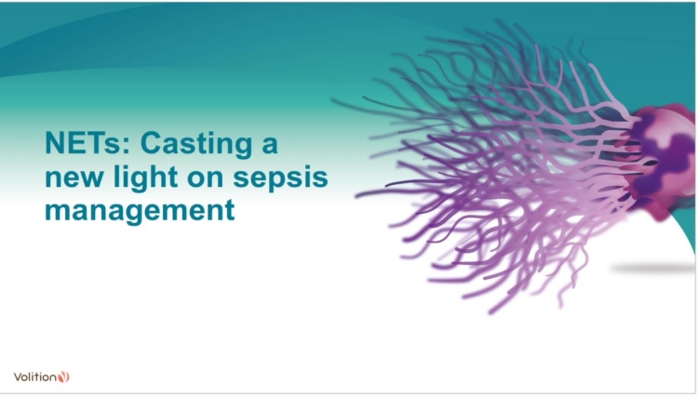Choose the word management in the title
tap(140, 209)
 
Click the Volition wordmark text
tap(34, 376)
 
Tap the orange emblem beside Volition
tap(63, 376)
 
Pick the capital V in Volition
tap(18, 376)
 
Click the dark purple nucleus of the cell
tap(672, 153)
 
